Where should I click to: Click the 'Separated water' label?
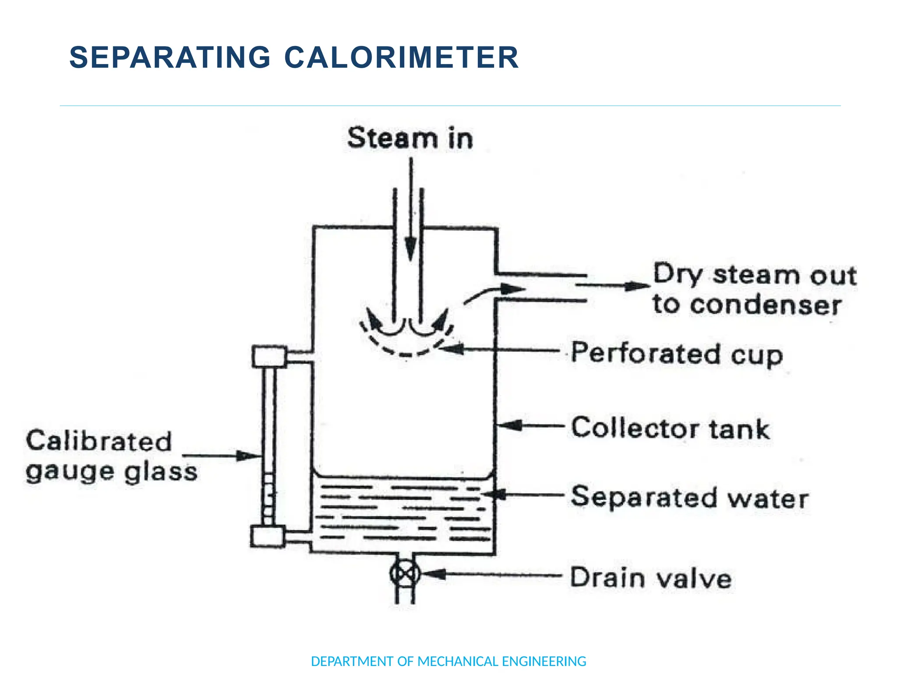[690, 498]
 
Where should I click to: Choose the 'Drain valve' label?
[651, 578]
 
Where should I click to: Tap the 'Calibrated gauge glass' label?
[112, 456]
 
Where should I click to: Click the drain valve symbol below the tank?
[405, 574]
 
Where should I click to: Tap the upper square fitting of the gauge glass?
[269, 356]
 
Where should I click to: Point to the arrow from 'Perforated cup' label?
[499, 350]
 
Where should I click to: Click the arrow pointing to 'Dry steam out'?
[613, 286]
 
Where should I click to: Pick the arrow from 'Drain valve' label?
[491, 574]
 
